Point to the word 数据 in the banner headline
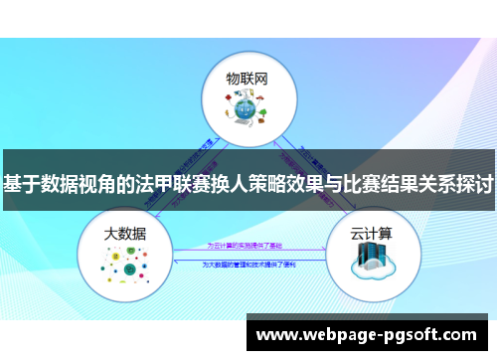click(62, 184)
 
